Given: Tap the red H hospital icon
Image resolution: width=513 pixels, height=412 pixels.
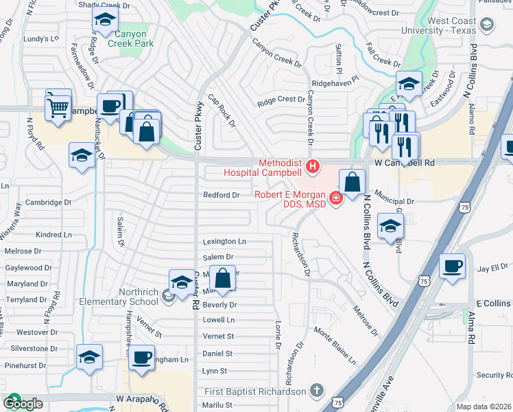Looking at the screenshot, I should [x=313, y=165].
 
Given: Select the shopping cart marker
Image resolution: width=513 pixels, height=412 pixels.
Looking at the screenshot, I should [x=58, y=106].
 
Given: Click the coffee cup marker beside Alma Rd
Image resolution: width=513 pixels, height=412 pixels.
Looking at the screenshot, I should [x=453, y=265].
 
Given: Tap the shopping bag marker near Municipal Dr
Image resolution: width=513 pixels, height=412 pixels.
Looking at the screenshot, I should [x=352, y=183].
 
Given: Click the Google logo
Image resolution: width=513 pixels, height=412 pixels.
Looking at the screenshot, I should [x=23, y=404].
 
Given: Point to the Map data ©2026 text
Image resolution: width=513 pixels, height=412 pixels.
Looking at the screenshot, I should [x=484, y=407].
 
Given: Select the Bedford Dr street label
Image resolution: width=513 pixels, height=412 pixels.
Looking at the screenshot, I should [x=221, y=195].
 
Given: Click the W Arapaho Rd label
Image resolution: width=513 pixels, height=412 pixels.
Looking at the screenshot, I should [x=142, y=398].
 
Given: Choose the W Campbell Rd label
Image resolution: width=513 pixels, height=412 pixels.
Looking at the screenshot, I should [x=405, y=163].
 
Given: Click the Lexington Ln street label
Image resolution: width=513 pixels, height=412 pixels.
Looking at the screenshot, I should [x=224, y=242].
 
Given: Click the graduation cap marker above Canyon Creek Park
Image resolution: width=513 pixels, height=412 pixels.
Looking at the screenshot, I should [x=104, y=21].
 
